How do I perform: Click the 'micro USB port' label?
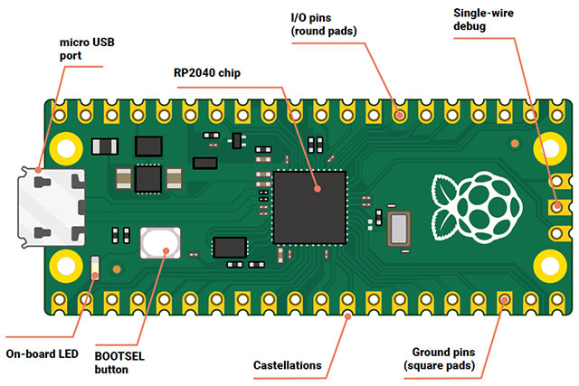(x=88, y=49)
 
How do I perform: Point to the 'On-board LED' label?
(x=42, y=353)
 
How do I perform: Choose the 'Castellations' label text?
(x=287, y=364)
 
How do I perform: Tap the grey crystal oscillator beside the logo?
(x=399, y=228)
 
